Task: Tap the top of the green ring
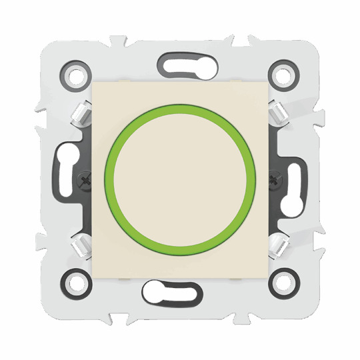pyautogui.click(x=180, y=105)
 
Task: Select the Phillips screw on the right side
pyautogui.click(x=273, y=178)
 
